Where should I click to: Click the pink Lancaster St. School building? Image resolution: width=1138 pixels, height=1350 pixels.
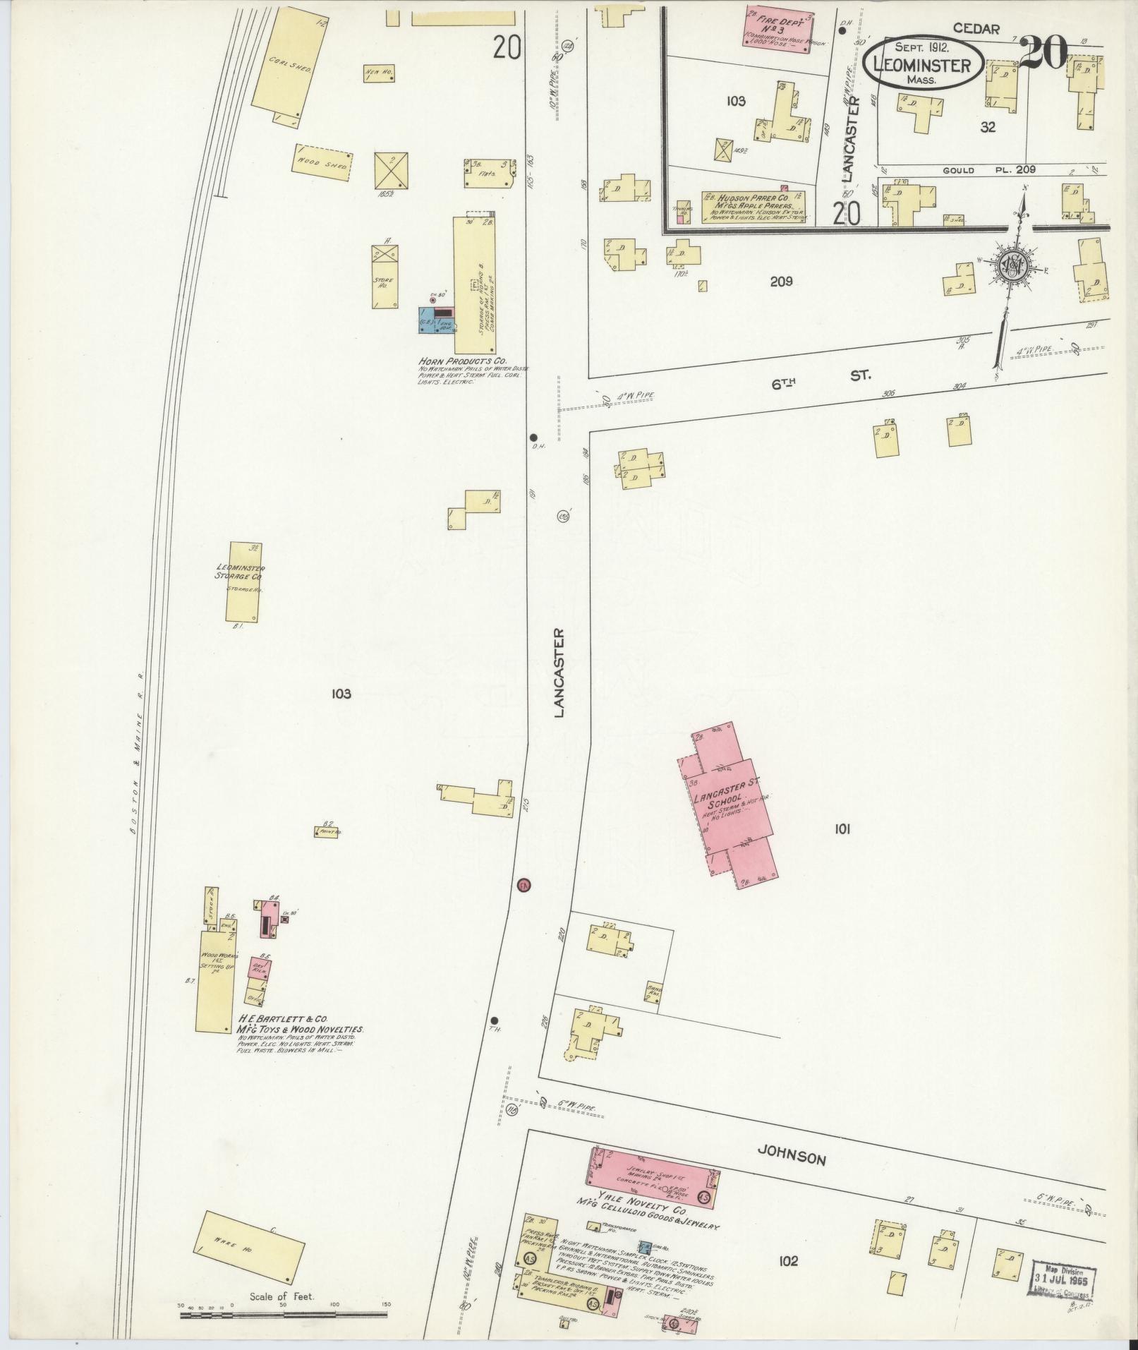(x=727, y=805)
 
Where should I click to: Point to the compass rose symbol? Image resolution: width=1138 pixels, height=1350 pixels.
(x=1015, y=267)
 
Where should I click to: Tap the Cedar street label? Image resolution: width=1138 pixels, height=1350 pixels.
(x=976, y=29)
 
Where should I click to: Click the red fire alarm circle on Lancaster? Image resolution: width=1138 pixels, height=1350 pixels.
(x=523, y=885)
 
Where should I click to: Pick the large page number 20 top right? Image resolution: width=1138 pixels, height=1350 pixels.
(x=1043, y=54)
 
